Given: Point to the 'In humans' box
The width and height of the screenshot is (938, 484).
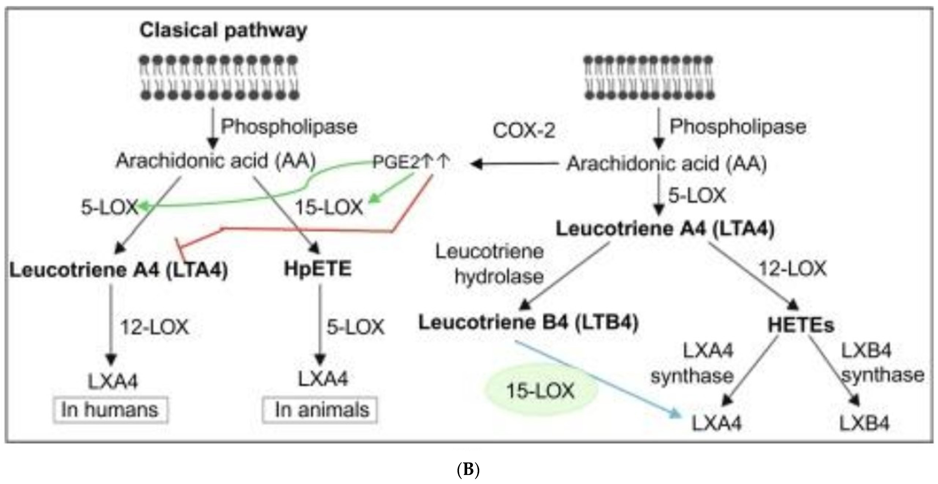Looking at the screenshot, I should coord(110,410).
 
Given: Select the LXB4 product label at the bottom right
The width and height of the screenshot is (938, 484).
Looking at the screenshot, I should coord(864,423).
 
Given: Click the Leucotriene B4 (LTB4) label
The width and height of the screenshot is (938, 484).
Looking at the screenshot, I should coord(528,323).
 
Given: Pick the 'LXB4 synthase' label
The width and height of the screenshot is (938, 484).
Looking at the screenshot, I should coord(881,363).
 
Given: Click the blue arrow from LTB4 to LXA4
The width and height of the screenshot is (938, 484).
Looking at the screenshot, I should coord(597,379).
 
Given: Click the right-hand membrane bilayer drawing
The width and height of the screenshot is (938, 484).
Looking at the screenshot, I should coord(648,77).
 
